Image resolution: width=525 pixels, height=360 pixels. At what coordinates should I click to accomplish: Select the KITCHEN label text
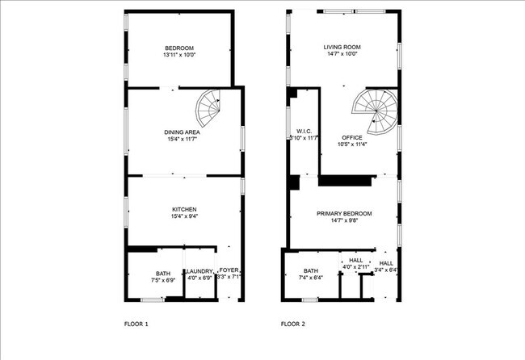(183, 209)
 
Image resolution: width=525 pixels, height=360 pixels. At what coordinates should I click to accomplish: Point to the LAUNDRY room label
(199, 271)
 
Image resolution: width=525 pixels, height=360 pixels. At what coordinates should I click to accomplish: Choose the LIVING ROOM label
(342, 48)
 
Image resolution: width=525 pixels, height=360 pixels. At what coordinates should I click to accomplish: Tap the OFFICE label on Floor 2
(352, 137)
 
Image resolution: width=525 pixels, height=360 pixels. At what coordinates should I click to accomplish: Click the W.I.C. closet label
(304, 131)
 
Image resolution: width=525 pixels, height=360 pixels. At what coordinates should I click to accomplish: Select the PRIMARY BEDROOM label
(344, 213)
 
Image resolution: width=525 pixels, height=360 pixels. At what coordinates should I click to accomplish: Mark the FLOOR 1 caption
(135, 324)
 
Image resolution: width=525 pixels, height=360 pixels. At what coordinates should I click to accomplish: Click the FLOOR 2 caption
(293, 324)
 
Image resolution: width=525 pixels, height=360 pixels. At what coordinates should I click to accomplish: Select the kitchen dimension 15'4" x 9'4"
(183, 216)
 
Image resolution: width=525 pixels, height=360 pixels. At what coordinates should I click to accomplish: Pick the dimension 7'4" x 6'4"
(312, 278)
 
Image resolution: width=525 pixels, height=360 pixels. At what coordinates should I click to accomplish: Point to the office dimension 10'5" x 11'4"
(352, 144)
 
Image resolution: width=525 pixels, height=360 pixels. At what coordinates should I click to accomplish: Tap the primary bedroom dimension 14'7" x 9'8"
(344, 220)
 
